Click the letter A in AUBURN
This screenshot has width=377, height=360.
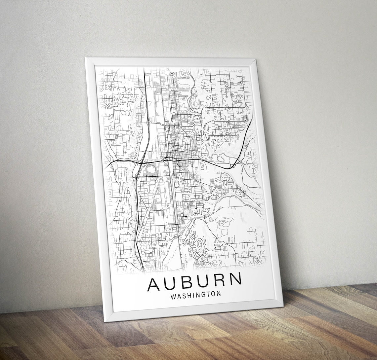tap(154, 284)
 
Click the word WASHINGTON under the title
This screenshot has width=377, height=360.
tap(195, 295)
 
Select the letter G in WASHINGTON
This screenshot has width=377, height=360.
tap(207, 294)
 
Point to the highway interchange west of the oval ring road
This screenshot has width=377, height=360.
tap(140, 162)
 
